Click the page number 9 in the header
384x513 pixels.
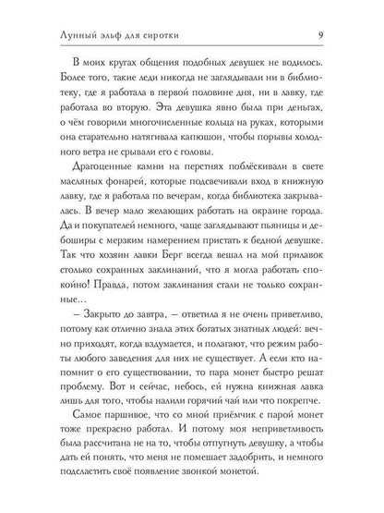click(343, 11)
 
